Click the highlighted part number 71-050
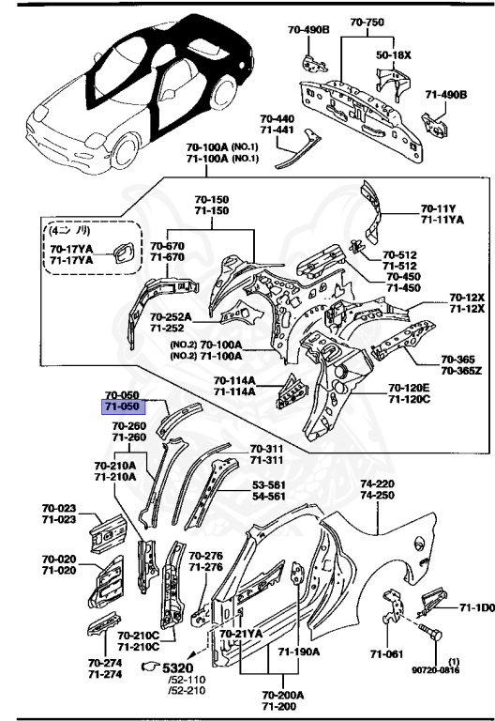tap(122, 407)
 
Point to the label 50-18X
tap(393, 55)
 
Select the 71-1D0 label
tap(476, 608)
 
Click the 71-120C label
tap(410, 400)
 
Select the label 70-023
tap(60, 508)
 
